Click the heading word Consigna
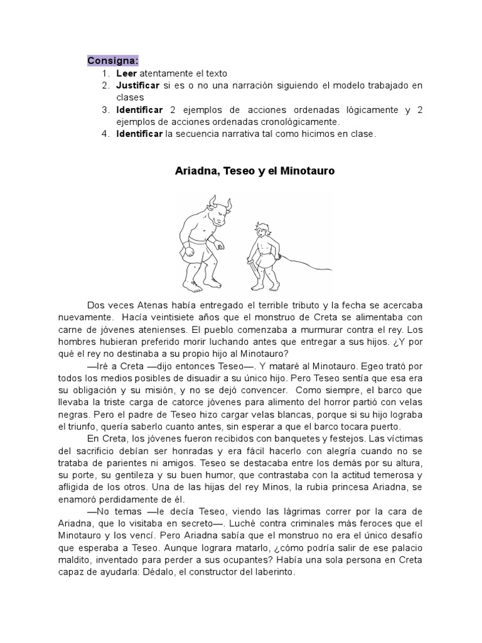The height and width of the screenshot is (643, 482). (112, 60)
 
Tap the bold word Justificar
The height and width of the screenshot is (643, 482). (137, 85)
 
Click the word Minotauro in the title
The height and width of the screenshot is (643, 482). (304, 171)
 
